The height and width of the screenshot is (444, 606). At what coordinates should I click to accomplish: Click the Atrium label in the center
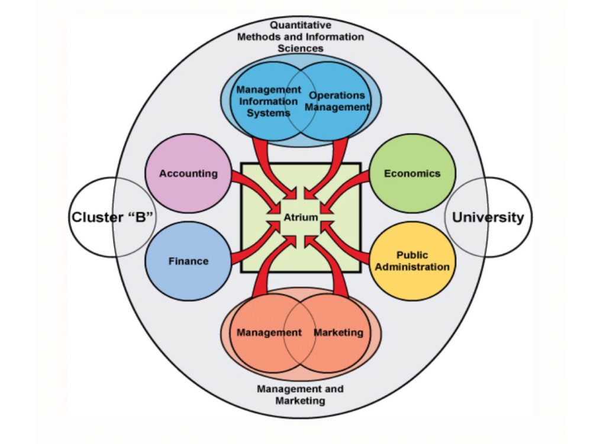click(x=301, y=218)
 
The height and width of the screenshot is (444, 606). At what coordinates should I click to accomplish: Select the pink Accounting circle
click(x=188, y=173)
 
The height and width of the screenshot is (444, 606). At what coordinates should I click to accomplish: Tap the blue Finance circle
click(x=188, y=261)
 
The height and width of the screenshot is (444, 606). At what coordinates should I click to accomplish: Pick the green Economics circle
click(x=412, y=173)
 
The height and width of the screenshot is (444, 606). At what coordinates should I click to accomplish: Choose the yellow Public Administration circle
click(x=412, y=261)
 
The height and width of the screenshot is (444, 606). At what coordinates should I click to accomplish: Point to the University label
click(x=488, y=217)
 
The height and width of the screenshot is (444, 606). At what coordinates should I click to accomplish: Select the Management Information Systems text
click(x=268, y=101)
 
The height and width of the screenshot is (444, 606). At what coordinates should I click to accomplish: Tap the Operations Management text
click(x=337, y=101)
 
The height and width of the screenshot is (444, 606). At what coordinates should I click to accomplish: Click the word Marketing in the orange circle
click(x=338, y=332)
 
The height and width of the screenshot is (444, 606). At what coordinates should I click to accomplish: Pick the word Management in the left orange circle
click(x=269, y=332)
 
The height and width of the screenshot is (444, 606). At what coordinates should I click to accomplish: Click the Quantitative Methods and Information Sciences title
click(x=301, y=37)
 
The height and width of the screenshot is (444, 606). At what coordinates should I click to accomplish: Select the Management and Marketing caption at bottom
click(x=300, y=394)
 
